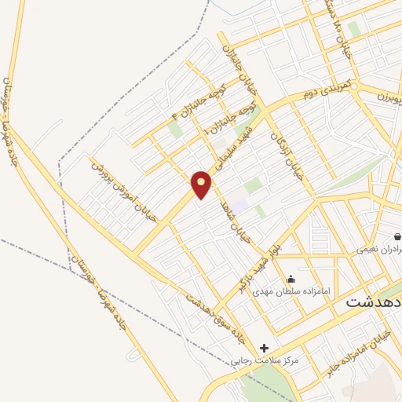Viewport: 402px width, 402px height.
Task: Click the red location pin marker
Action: pyautogui.click(x=203, y=183)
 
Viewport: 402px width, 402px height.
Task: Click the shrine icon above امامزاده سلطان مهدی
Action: pyautogui.click(x=291, y=278)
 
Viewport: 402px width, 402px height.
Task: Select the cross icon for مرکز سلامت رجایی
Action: pyautogui.click(x=264, y=348)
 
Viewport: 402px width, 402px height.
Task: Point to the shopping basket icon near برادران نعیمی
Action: pyautogui.click(x=398, y=236)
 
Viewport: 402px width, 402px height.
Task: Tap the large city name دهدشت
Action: pyautogui.click(x=374, y=301)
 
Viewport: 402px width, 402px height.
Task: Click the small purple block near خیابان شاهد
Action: pyautogui.click(x=239, y=205)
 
